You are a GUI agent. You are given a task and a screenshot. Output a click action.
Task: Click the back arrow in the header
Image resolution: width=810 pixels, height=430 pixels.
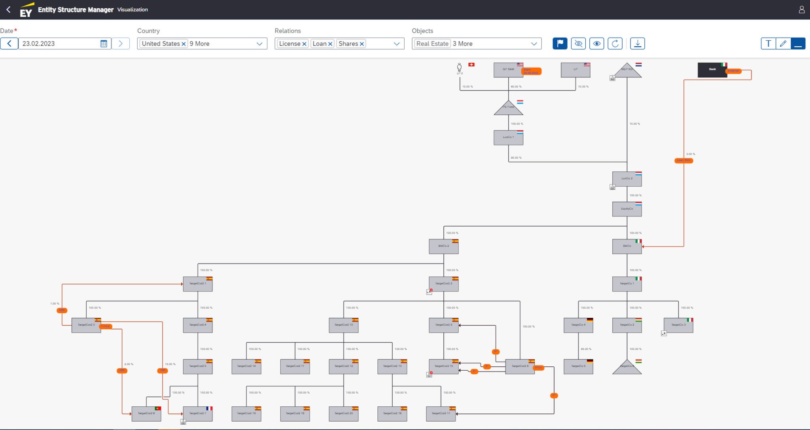(x=8, y=9)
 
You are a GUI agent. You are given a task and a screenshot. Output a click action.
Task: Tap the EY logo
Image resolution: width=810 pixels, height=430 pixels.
(x=26, y=10)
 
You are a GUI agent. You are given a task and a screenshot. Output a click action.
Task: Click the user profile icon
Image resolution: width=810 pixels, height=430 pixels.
(x=802, y=9)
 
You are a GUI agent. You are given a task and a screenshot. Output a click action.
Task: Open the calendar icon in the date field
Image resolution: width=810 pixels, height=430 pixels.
(x=104, y=44)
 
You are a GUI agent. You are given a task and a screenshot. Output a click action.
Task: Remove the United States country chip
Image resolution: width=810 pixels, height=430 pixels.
(x=184, y=44)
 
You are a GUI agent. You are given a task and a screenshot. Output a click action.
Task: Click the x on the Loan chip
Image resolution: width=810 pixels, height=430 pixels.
(x=330, y=44)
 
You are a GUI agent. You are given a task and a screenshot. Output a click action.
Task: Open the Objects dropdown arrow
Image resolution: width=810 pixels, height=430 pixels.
(x=534, y=44)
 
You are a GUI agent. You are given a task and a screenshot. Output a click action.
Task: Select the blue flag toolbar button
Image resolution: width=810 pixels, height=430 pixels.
(x=560, y=44)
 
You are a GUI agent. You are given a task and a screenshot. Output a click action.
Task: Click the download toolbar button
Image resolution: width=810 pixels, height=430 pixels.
(x=637, y=44)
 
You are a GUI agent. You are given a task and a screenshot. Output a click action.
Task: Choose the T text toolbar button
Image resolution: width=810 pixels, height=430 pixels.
(x=768, y=44)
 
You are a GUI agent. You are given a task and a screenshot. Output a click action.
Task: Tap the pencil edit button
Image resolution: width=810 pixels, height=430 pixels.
(x=783, y=44)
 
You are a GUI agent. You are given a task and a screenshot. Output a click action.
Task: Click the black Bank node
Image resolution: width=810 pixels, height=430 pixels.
(x=712, y=70)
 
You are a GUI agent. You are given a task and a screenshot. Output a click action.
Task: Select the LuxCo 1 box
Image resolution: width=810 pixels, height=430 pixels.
(x=508, y=138)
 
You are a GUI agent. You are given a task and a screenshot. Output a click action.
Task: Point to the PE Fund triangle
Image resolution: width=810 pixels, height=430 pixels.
(x=508, y=108)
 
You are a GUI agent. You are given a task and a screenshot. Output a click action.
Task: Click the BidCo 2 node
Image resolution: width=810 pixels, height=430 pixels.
(x=443, y=246)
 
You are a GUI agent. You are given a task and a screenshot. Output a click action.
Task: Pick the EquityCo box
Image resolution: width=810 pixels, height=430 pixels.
(x=627, y=209)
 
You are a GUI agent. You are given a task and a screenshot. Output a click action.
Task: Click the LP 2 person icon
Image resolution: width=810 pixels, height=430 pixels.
(x=459, y=67)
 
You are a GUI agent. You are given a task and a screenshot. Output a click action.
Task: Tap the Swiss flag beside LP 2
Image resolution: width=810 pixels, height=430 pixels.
(x=471, y=64)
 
